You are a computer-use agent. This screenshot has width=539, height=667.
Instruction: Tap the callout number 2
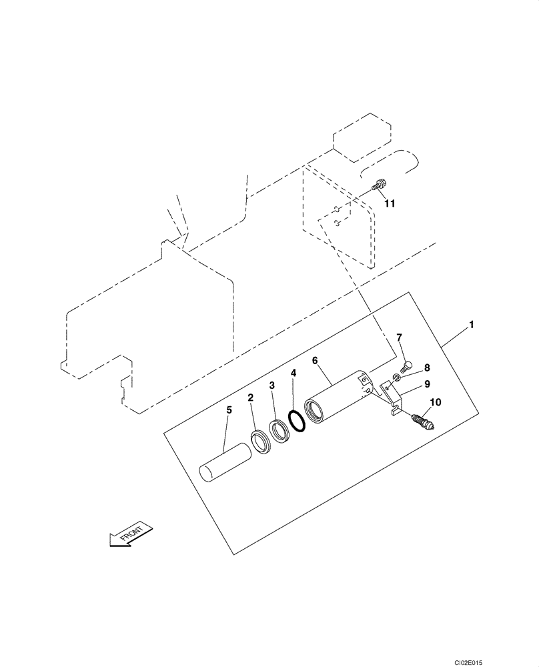coord(250,398)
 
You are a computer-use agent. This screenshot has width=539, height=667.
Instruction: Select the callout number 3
coord(272,386)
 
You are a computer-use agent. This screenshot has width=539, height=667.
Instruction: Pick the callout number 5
coord(228,410)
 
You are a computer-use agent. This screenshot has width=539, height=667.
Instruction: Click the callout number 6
coord(314,361)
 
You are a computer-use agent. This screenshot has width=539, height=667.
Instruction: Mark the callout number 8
coord(426,367)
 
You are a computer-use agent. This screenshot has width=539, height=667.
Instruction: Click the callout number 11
coord(389,203)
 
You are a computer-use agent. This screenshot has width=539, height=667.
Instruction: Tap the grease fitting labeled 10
coord(422,422)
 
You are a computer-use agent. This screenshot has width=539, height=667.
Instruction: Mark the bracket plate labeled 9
coord(392,398)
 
